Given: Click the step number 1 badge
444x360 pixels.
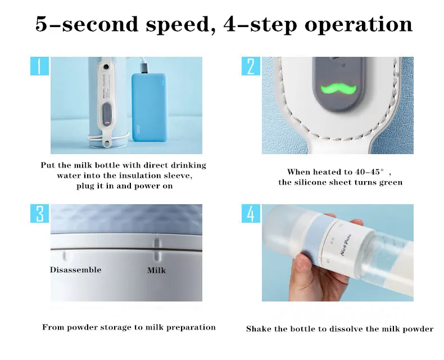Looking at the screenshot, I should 40,66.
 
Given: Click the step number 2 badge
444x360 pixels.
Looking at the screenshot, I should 251,66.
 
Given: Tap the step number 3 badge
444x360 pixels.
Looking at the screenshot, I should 40,214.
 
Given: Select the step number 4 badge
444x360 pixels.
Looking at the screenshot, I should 251,214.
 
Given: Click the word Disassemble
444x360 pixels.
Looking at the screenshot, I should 75,269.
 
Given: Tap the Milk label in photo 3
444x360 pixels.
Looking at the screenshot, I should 156,270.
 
